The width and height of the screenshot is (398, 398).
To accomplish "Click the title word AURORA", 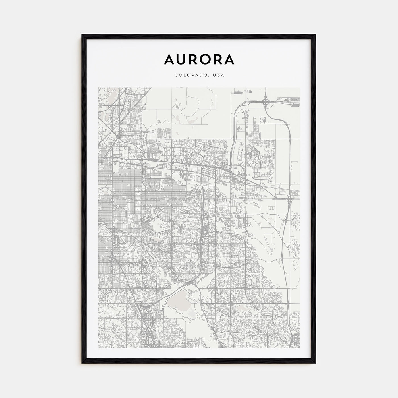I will [199, 59].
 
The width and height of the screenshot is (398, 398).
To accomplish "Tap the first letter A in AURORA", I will [169, 59].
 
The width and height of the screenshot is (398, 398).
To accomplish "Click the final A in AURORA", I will [229, 59].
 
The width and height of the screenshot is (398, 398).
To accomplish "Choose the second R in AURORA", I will [217, 59].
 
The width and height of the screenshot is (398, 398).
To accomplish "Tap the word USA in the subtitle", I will [219, 75].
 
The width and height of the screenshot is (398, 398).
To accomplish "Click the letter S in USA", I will [219, 75].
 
